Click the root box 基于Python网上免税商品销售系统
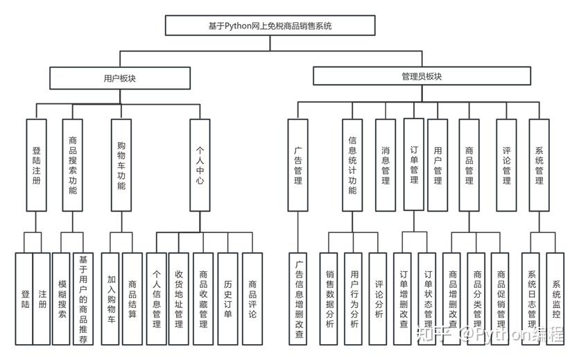pos(270,26)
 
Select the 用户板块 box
pos(119,78)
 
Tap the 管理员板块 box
pos(421,76)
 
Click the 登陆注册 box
pos(36,165)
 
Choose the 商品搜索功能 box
pos(73,165)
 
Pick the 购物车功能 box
pos(121,165)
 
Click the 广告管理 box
pos(297,165)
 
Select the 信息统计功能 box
pos(352,165)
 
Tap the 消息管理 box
pos(386,165)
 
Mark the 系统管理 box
pos(539,165)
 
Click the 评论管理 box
pos(506,165)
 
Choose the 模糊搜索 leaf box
pos(62,299)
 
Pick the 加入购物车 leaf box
pos(111,299)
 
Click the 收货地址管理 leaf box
pos(179,299)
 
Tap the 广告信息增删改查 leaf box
pos(299,299)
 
